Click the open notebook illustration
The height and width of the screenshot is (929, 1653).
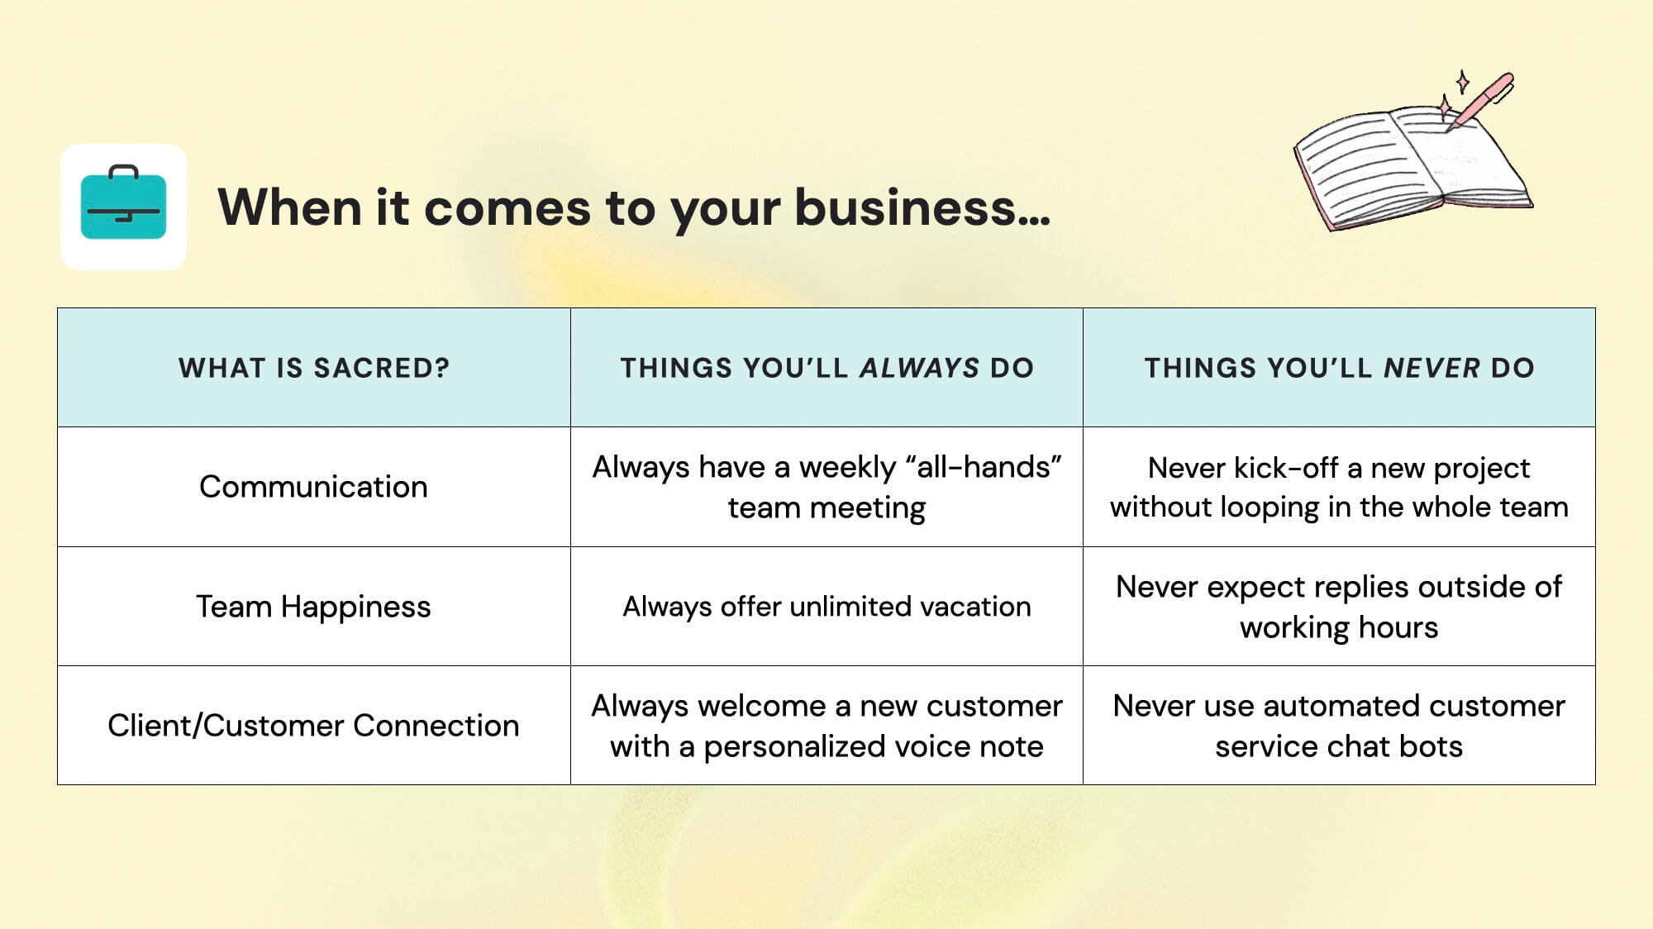coord(1405,165)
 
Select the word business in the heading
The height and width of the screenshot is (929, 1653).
coord(905,207)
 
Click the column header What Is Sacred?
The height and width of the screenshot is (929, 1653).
coord(314,368)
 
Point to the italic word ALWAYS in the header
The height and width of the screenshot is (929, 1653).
coord(919,368)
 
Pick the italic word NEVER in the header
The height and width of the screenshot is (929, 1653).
coord(1431,368)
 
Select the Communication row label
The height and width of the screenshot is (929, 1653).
coord(313,487)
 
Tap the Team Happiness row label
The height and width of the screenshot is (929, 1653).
coord(313,607)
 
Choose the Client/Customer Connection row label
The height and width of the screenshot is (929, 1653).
coord(313,726)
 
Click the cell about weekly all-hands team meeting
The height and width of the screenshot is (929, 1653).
coord(826,487)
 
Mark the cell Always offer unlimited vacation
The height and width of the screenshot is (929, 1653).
coord(826,607)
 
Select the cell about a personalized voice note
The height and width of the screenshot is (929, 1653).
coord(826,726)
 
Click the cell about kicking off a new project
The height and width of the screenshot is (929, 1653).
coord(1339,487)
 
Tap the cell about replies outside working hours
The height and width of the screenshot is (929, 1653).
coord(1339,607)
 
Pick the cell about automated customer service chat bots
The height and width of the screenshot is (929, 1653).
coord(1339,726)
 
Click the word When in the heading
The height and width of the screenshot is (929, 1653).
coord(289,207)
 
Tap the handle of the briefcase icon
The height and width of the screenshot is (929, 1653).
coord(123,171)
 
